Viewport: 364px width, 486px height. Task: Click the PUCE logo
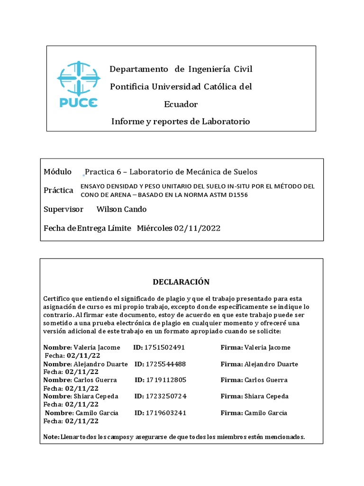[78, 84]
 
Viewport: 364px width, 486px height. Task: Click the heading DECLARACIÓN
[181, 282]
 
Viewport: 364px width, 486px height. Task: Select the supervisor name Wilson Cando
[121, 209]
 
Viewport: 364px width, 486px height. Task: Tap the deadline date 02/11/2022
[197, 228]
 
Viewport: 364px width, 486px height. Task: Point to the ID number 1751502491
[164, 347]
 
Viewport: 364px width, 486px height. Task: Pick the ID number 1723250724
[165, 396]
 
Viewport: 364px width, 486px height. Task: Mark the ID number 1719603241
[165, 413]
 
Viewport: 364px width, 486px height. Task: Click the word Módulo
[58, 171]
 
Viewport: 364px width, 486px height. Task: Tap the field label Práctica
[58, 190]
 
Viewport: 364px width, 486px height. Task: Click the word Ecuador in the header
[181, 104]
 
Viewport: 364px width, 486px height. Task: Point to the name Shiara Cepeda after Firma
[266, 396]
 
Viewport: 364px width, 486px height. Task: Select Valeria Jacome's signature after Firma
[268, 347]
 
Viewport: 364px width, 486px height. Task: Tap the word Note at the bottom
[50, 437]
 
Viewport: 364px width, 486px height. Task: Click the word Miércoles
[155, 228]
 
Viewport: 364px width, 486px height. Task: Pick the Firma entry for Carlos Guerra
[266, 380]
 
